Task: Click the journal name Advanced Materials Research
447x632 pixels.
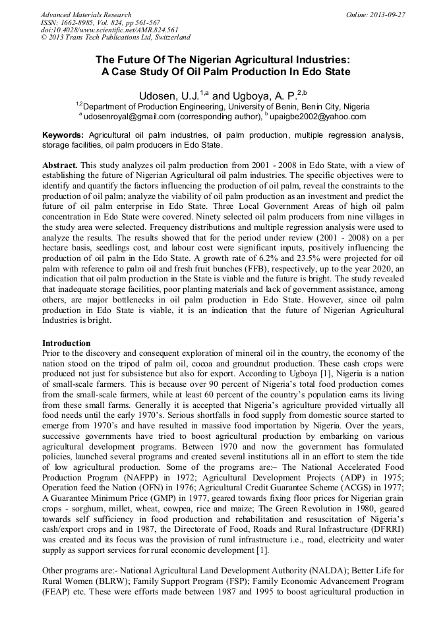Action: coord(86,14)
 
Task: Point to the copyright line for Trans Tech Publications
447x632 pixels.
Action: coord(115,38)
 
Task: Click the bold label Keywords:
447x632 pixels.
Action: coord(63,134)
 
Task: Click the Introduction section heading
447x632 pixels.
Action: coord(67,343)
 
